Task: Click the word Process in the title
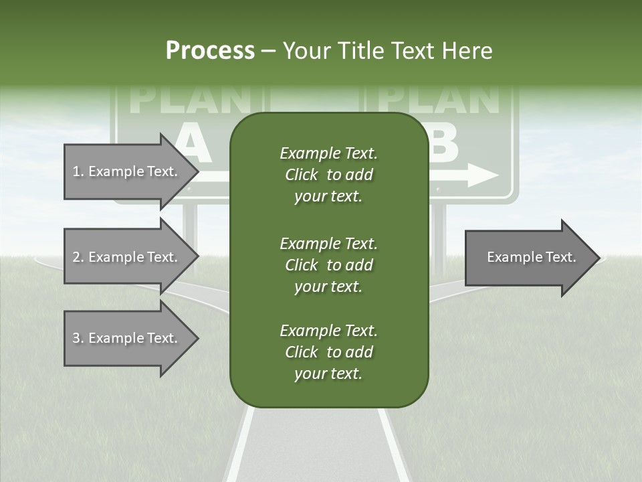point(210,51)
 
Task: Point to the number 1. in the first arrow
point(78,171)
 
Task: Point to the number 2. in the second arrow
point(78,257)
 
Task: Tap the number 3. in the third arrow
point(78,338)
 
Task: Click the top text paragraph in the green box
point(328,175)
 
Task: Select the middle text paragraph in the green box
point(328,265)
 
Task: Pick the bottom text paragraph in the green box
point(328,352)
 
